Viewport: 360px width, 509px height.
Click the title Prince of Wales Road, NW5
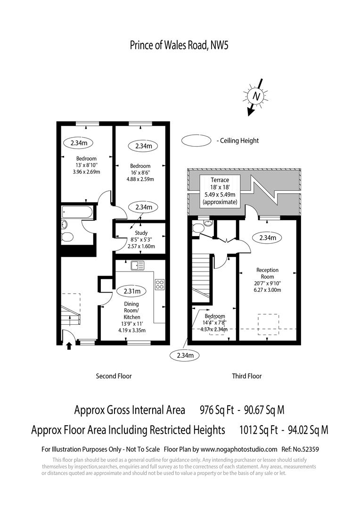(x=179, y=45)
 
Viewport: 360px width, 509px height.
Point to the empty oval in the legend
(x=196, y=140)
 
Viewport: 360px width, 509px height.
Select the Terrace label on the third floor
(x=220, y=180)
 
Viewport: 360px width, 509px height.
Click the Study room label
(x=141, y=233)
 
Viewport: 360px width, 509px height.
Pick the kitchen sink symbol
(x=138, y=265)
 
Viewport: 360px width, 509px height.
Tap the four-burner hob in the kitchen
(x=159, y=285)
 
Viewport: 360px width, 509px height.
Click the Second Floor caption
(x=114, y=376)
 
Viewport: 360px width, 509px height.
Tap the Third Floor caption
(x=246, y=376)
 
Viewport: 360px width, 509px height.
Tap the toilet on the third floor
(x=198, y=228)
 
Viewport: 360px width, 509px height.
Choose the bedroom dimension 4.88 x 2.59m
(x=140, y=179)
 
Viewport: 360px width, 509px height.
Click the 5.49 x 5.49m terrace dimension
(x=220, y=194)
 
